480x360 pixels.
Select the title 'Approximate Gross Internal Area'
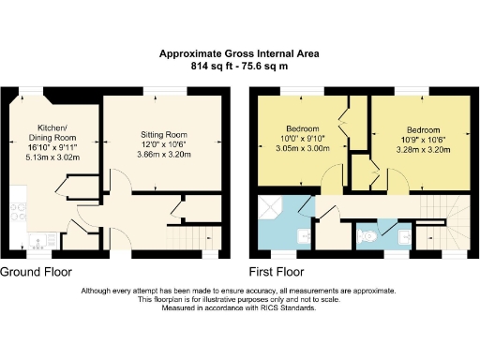tap(238, 54)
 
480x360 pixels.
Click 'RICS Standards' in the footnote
tap(284, 307)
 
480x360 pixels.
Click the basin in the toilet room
tap(362, 235)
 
